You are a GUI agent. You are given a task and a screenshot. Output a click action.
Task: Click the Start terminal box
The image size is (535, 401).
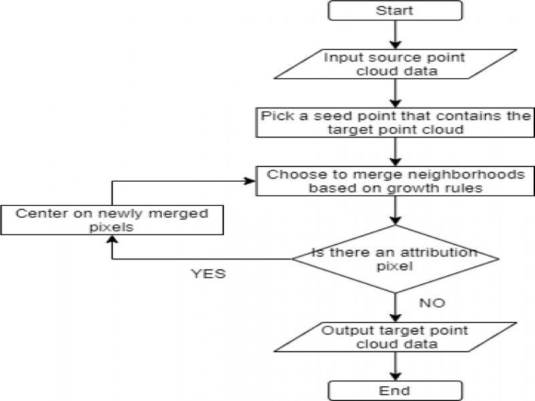[x=395, y=10]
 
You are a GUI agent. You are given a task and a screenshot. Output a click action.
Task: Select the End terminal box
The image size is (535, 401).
[x=395, y=390]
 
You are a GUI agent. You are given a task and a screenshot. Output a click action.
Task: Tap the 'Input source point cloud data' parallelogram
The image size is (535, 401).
[x=395, y=64]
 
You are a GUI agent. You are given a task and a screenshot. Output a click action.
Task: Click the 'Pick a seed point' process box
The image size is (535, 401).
[x=395, y=122]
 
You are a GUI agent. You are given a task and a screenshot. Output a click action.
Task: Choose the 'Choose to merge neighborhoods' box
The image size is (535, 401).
[x=395, y=181]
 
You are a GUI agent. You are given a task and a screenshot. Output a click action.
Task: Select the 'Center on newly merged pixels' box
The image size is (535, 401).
[x=111, y=220]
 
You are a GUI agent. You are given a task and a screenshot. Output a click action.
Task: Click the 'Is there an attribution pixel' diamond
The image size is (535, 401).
[x=395, y=258]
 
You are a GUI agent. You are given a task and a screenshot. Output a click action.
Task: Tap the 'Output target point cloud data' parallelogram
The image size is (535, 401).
[x=395, y=338]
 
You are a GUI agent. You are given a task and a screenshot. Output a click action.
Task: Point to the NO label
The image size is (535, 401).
[x=432, y=303]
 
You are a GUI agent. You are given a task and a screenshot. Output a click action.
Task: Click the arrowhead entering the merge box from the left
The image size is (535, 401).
[x=251, y=181]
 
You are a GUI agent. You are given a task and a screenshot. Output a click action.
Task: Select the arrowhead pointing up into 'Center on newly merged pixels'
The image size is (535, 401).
[x=111, y=239]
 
